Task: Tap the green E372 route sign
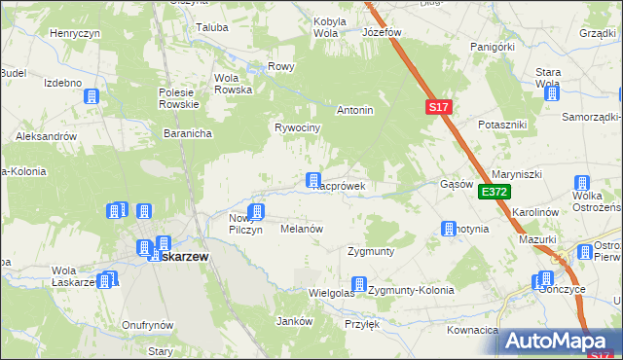pos(494,193)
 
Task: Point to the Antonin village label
pos(355,111)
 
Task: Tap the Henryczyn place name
pos(75,33)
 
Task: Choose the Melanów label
pos(301,229)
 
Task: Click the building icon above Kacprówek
pos(313,180)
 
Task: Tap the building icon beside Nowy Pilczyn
pos(257,212)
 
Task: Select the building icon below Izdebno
pos(92,97)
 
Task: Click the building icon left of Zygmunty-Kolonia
pos(359,285)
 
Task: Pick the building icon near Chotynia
pos(449,230)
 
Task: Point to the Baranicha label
pos(188,134)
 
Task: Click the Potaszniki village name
pos(502,126)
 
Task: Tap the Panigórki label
pos(492,46)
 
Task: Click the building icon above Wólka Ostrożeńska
pos(582,183)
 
